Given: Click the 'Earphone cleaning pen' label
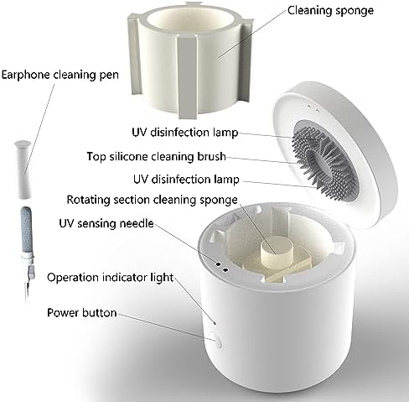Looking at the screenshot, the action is pos(60,76).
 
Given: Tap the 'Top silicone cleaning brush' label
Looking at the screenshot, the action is pos(156,157).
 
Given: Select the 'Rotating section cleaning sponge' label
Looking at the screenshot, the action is pos(153,200).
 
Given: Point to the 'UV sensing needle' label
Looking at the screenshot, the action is pos(106,223).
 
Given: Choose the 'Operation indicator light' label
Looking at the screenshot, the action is pos(111,278).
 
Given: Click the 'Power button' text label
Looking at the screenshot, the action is pos(82,312).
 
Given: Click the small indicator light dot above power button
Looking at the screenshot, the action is pos(215,323).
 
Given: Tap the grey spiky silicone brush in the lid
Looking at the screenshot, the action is pos(324,160).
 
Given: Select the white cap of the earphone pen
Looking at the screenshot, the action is pos(23,170).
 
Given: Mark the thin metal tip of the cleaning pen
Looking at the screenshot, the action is pos(27,291).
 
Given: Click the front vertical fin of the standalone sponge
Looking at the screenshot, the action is pos(187,77).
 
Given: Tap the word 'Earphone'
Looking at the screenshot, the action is pos(26,76).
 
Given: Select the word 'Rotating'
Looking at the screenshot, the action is pos(88,201).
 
